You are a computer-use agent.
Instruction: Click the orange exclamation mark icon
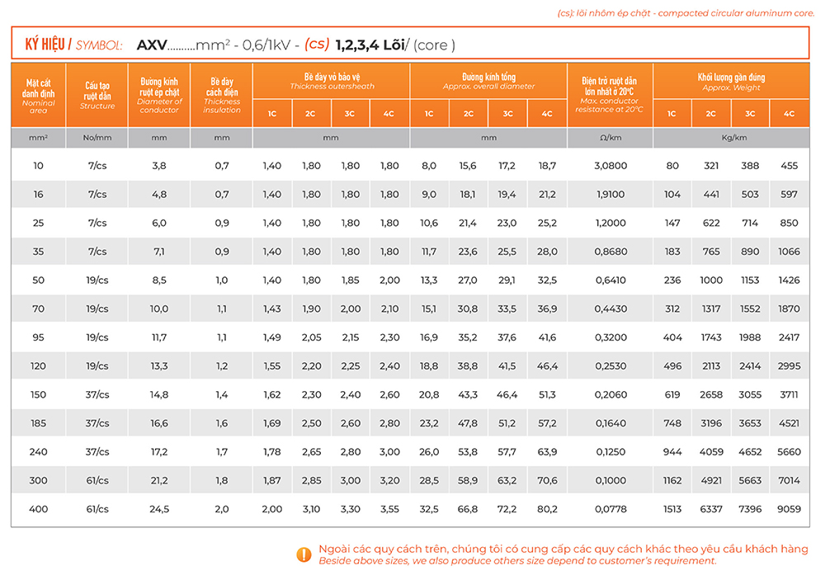tap(304, 554)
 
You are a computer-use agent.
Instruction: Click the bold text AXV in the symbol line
tap(152, 45)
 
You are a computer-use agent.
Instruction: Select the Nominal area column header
tap(39, 96)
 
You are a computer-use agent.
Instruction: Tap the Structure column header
tap(97, 96)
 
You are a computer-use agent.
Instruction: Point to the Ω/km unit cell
tap(610, 138)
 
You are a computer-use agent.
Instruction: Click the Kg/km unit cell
tap(730, 138)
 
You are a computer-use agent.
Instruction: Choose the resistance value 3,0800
tap(610, 166)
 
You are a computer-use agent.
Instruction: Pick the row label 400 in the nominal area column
tap(39, 509)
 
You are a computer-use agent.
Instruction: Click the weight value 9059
tap(789, 509)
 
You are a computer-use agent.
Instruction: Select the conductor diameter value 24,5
tap(159, 509)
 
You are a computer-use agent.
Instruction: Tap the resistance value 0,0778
tap(610, 509)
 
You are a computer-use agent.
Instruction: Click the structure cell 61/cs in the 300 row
tap(97, 480)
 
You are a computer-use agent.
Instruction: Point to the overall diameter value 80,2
tap(547, 509)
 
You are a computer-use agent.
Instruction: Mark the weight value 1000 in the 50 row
tap(711, 281)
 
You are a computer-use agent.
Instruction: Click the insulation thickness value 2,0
tap(222, 509)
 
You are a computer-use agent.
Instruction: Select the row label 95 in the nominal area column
tap(39, 337)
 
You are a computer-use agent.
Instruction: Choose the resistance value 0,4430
tap(610, 309)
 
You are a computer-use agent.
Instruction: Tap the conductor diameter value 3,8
tap(159, 166)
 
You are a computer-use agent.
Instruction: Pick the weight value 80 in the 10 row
tap(672, 166)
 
